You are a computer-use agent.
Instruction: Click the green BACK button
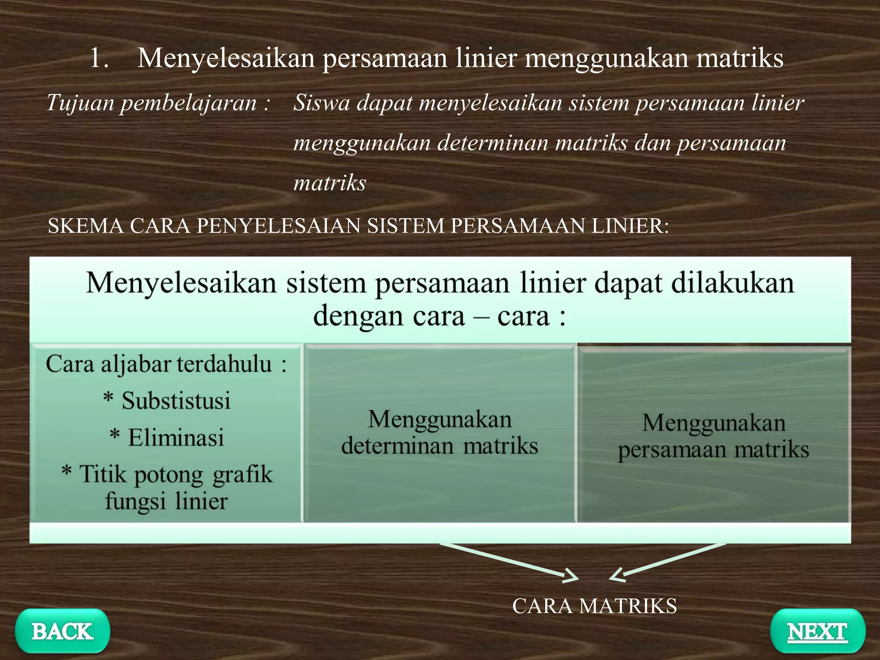pyautogui.click(x=62, y=631)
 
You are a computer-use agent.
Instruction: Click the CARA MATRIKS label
pyautogui.click(x=594, y=606)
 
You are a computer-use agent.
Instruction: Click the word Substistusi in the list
pyautogui.click(x=176, y=400)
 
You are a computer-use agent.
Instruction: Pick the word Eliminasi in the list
pyautogui.click(x=176, y=437)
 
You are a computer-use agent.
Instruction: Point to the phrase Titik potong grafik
pyautogui.click(x=176, y=474)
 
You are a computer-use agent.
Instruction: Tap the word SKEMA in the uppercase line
pyautogui.click(x=85, y=226)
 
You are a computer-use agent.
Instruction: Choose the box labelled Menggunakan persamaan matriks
pyautogui.click(x=713, y=436)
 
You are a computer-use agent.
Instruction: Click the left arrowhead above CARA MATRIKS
pyautogui.click(x=571, y=576)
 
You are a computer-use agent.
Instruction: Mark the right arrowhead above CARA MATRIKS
pyautogui.click(x=617, y=575)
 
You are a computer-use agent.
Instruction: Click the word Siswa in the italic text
pyautogui.click(x=321, y=103)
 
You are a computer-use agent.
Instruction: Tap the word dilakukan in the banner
pyautogui.click(x=732, y=284)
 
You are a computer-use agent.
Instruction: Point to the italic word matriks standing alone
pyautogui.click(x=330, y=183)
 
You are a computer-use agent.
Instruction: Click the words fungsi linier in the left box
pyautogui.click(x=166, y=501)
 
